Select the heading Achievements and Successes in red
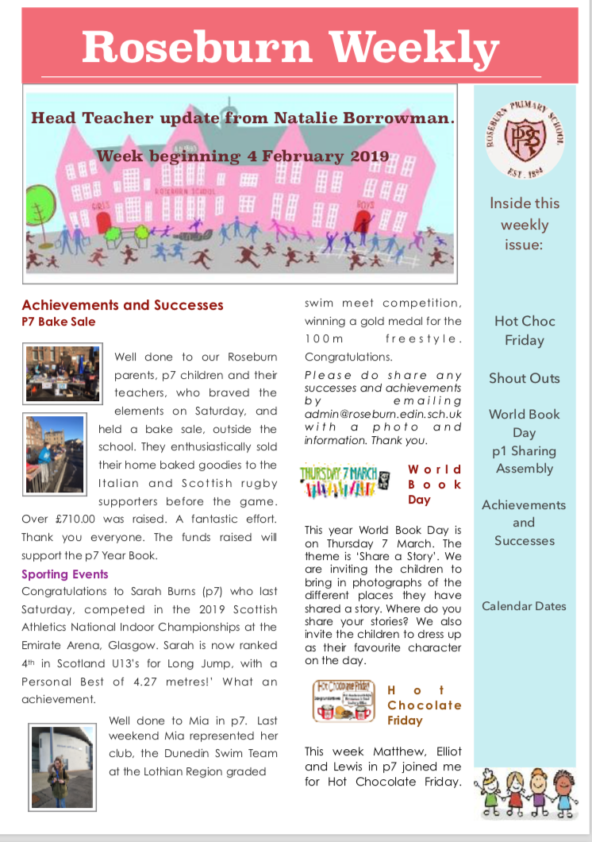(x=122, y=305)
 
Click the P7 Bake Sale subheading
(x=59, y=322)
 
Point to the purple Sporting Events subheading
(x=65, y=574)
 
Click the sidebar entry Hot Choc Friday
(x=525, y=330)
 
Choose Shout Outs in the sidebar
(x=525, y=378)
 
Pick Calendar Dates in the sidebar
(x=525, y=606)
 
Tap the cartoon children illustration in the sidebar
(x=525, y=791)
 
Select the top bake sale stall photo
(x=62, y=373)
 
